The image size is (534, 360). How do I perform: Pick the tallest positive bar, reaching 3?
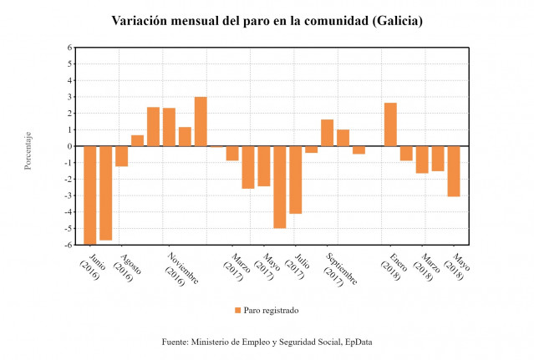201,122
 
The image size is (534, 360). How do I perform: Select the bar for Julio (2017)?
295,180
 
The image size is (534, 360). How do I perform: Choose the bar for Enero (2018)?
390,124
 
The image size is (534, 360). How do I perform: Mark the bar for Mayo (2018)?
454,171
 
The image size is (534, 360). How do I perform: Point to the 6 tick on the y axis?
69,48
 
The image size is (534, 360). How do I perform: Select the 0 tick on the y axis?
69,146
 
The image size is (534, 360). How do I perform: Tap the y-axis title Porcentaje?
28,150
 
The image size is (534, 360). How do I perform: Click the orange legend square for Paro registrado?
237,310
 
